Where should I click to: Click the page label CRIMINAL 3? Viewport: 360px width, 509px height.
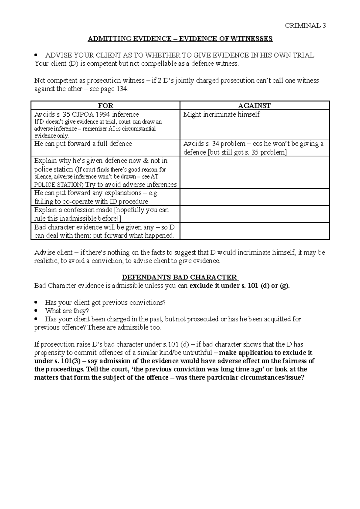[x=305, y=25]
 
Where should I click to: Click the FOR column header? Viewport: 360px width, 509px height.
[x=106, y=106]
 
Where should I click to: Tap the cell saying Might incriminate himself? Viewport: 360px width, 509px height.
[x=221, y=115]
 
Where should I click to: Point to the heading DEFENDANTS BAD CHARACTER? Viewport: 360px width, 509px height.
[x=180, y=277]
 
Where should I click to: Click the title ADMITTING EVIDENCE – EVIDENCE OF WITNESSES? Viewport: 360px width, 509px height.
[x=180, y=39]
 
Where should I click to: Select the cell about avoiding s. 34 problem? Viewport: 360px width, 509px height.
[x=253, y=148]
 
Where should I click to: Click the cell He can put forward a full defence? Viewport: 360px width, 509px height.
[x=83, y=144]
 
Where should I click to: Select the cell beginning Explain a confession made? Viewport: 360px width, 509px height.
[x=101, y=214]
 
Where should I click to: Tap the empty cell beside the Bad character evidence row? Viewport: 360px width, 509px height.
[x=254, y=231]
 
